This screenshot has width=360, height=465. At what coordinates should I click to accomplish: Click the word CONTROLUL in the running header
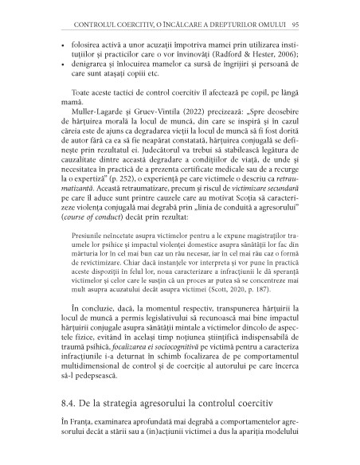click(74, 14)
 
